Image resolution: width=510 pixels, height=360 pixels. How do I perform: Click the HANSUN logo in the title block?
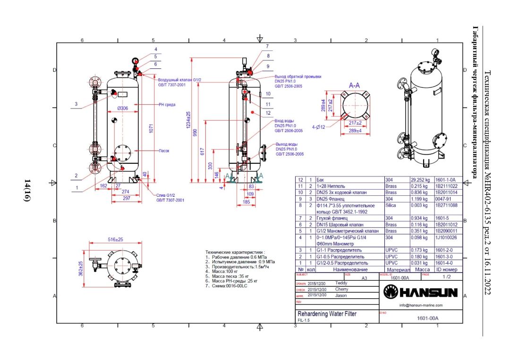pos(421,293)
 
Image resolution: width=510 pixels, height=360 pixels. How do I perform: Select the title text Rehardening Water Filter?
pos(327,314)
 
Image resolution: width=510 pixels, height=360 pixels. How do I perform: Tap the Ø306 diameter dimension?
pos(122,108)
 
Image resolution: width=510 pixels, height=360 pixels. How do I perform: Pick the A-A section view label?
pos(355,85)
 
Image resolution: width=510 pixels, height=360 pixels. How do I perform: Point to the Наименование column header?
pos(350,270)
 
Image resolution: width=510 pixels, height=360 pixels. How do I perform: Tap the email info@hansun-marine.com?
pos(421,305)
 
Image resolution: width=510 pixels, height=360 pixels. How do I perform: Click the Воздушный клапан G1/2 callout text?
pos(179,80)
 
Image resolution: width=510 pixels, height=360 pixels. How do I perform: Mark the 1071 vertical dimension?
pos(151,128)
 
